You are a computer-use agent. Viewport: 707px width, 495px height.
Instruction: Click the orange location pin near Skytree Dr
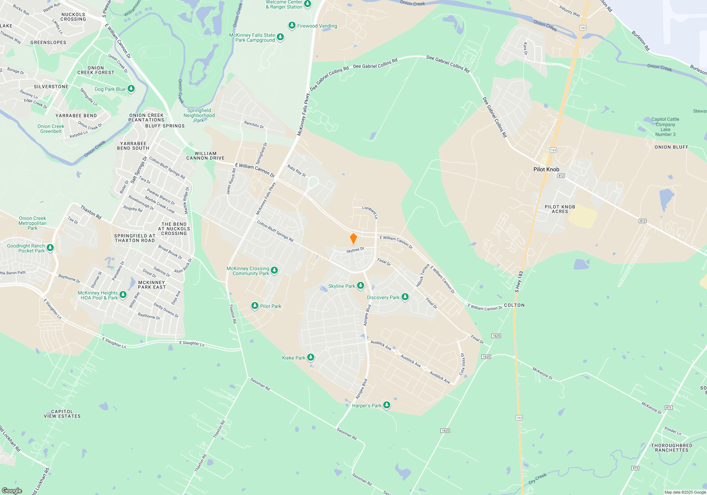tap(353, 239)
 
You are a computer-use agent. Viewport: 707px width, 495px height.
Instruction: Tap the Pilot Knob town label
tap(546, 169)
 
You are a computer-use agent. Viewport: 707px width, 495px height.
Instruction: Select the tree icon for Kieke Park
tap(311, 357)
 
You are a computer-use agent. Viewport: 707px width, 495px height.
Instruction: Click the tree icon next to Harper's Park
tap(387, 405)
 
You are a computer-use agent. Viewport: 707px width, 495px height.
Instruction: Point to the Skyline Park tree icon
tap(361, 286)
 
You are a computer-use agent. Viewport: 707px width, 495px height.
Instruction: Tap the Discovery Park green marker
tap(405, 297)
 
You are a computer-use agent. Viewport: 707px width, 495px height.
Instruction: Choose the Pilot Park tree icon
tap(255, 306)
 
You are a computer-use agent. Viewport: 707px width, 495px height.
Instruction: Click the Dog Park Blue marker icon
tap(131, 88)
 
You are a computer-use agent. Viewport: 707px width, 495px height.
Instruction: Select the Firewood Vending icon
tap(292, 25)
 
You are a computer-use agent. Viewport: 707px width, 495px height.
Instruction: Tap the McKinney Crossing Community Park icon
tap(274, 270)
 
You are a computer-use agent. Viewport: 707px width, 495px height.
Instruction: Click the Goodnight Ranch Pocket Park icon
tap(50, 248)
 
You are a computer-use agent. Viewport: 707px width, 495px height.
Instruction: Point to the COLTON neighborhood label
tap(514, 305)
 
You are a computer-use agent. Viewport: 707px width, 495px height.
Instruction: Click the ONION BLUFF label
tap(671, 147)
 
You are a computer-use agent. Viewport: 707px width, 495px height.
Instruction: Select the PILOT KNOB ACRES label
tap(560, 209)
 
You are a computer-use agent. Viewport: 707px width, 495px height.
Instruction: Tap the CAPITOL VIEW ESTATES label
tap(62, 414)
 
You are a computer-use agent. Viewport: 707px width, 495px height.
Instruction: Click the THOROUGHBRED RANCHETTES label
tap(671, 448)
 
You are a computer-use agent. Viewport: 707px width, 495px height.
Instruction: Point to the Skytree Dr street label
tap(355, 250)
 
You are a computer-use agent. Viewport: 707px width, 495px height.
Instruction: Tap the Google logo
tap(12, 491)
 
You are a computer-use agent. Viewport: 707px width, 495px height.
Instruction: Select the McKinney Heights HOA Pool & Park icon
tap(123, 295)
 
